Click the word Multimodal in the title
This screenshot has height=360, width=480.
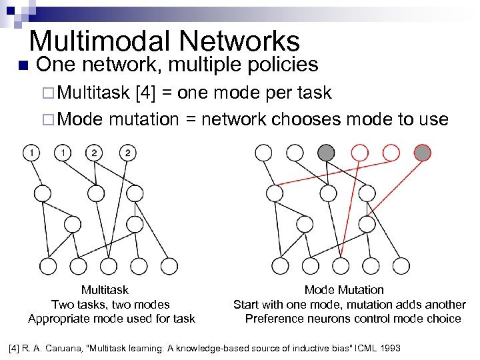(x=91, y=41)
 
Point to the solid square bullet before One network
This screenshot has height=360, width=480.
(x=22, y=65)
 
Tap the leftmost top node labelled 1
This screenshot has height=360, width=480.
(x=31, y=153)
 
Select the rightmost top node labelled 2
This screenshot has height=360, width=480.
(x=127, y=153)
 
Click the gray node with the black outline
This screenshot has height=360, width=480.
(x=327, y=153)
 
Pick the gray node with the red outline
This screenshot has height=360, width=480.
(x=422, y=153)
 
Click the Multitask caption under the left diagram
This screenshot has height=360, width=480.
(x=105, y=290)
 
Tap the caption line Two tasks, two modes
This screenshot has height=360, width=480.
(x=111, y=304)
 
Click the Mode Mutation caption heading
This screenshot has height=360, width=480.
(x=344, y=290)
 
